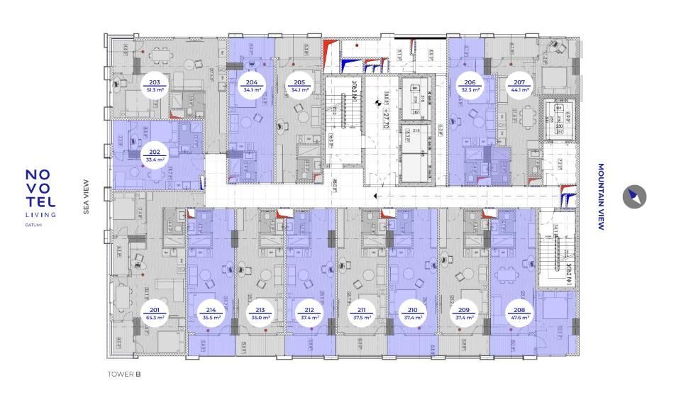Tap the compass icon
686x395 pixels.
(x=634, y=197)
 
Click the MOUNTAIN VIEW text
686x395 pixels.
(x=600, y=198)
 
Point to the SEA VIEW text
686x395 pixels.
(x=86, y=196)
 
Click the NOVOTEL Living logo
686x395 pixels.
(x=40, y=194)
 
